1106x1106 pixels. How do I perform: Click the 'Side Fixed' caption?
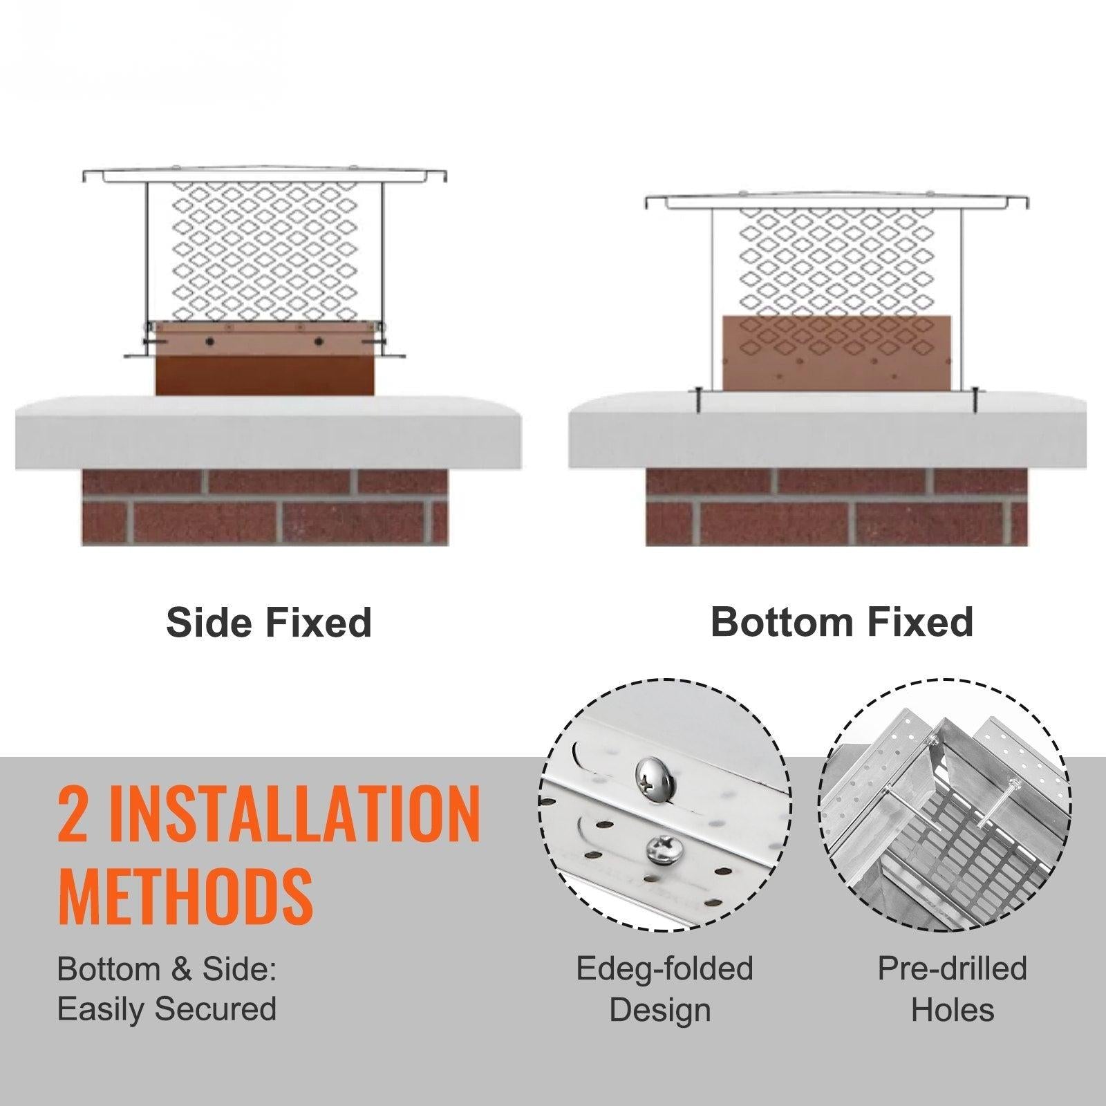pos(269,622)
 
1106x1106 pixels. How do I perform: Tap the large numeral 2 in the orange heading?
pos(74,814)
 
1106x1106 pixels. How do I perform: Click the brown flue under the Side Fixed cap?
pos(265,358)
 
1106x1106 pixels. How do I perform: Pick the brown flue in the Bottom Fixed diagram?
pos(836,353)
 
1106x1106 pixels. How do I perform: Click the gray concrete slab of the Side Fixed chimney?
pos(268,433)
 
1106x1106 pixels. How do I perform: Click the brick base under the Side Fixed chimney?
pos(265,507)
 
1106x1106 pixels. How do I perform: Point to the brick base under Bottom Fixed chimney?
pos(836,507)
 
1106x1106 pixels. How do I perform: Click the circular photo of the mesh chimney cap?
pos(946,805)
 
